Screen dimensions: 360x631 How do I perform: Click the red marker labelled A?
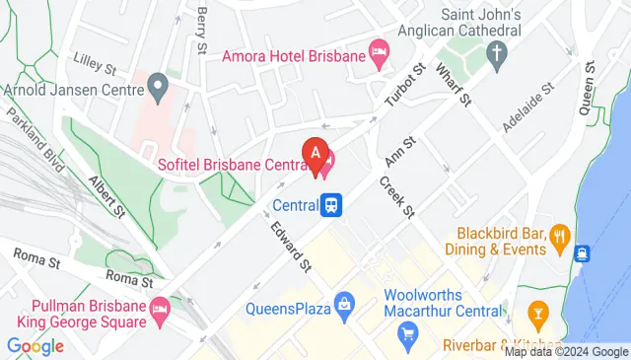point(315,155)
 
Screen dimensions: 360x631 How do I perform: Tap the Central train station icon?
point(333,205)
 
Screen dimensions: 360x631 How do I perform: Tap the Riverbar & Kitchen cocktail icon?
point(537,315)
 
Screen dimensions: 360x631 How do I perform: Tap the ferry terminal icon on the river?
point(583,253)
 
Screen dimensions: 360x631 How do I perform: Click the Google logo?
point(35,346)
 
